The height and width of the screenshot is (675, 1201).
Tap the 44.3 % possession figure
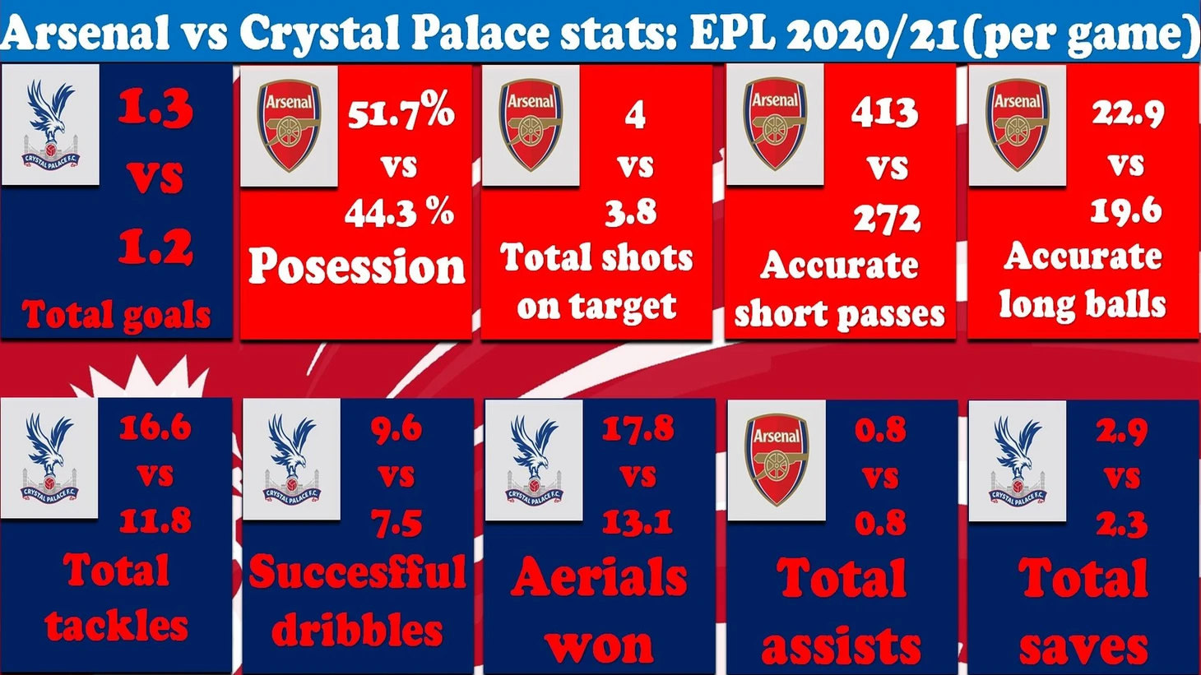pyautogui.click(x=400, y=212)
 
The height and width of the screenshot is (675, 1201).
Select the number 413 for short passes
pyautogui.click(x=884, y=113)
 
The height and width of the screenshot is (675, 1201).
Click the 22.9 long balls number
pyautogui.click(x=1128, y=113)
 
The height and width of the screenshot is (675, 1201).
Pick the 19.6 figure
pyautogui.click(x=1126, y=210)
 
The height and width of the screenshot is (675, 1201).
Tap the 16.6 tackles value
pyautogui.click(x=155, y=428)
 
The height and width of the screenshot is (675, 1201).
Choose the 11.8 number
pyautogui.click(x=155, y=520)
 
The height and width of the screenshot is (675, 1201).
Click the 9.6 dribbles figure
pyautogui.click(x=396, y=429)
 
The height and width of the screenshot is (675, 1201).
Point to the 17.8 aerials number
pyautogui.click(x=638, y=428)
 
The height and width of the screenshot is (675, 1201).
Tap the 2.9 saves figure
pyautogui.click(x=1121, y=431)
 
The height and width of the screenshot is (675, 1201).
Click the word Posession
pyautogui.click(x=356, y=266)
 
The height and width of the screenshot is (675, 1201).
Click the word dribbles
pyautogui.click(x=357, y=630)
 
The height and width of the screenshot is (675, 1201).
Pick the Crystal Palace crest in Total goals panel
pyautogui.click(x=50, y=125)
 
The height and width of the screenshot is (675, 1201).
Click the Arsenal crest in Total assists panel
pyautogui.click(x=777, y=460)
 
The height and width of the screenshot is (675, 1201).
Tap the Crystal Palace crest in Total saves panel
pyautogui.click(x=1017, y=460)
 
